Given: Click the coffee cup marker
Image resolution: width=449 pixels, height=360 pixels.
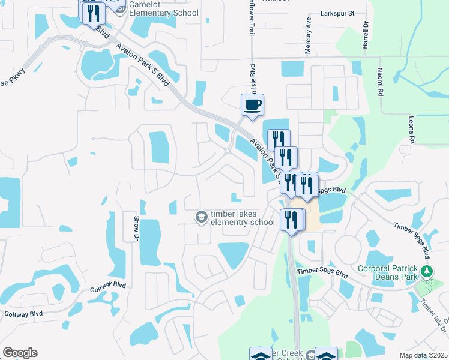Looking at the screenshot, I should tap(252, 105).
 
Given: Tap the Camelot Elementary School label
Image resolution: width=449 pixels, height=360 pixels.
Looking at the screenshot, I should tap(164, 8).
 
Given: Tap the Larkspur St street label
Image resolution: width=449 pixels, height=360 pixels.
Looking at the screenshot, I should tap(338, 13).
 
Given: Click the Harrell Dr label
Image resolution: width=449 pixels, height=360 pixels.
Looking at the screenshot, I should tap(365, 37).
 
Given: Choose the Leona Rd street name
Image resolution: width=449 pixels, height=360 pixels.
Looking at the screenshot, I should tap(412, 130).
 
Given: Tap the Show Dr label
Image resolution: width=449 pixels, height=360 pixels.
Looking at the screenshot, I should tap(136, 229).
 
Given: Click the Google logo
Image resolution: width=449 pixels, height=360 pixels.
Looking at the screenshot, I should tap(20, 353).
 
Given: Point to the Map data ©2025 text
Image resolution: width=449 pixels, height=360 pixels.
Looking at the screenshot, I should tap(424, 355).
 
